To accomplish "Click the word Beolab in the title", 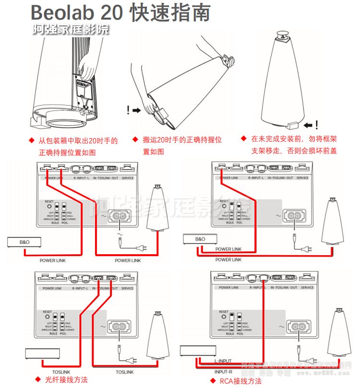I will pos(64,13).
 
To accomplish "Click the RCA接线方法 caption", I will pos(240,381).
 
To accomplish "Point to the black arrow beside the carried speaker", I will pos(137,110).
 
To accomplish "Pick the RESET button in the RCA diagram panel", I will pos(222,316).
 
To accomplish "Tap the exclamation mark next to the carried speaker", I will pos(128,110).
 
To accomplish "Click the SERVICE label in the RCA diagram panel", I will pos(307,288).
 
